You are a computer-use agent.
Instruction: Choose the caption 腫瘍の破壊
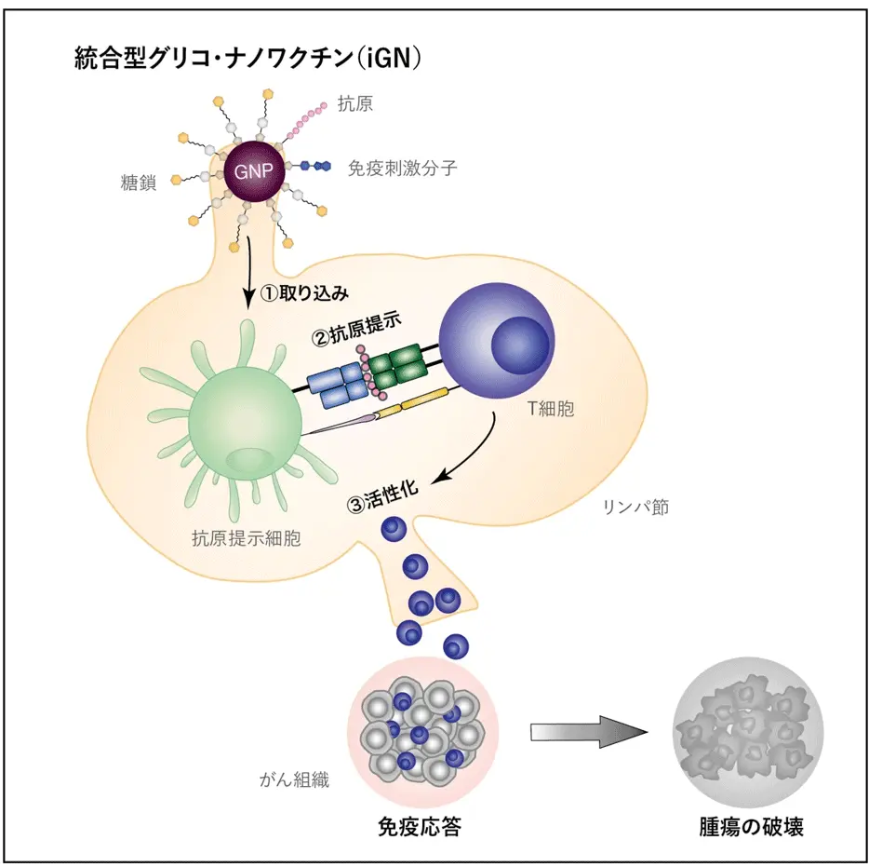751,826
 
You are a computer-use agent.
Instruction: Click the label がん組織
294,779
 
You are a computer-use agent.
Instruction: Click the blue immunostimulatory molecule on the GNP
318,166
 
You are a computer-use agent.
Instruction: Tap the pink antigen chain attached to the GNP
303,121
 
